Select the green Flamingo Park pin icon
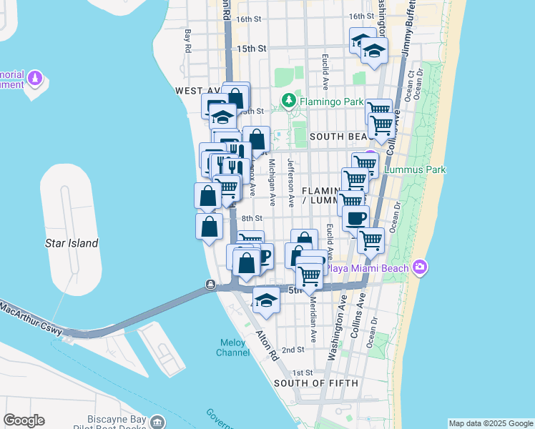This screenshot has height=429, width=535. coord(289,100)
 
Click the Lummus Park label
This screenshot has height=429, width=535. coord(415,170)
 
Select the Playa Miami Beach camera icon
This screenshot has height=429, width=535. coord(420,267)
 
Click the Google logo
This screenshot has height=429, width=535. coord(24,420)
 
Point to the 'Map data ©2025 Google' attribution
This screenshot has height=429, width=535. coord(491,423)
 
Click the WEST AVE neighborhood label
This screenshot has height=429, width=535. coord(197,92)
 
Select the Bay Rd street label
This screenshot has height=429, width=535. coord(188,41)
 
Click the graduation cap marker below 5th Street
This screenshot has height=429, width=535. coord(266,301)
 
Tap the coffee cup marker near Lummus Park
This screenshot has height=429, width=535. coord(355,217)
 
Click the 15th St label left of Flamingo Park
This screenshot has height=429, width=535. coord(252,49)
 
